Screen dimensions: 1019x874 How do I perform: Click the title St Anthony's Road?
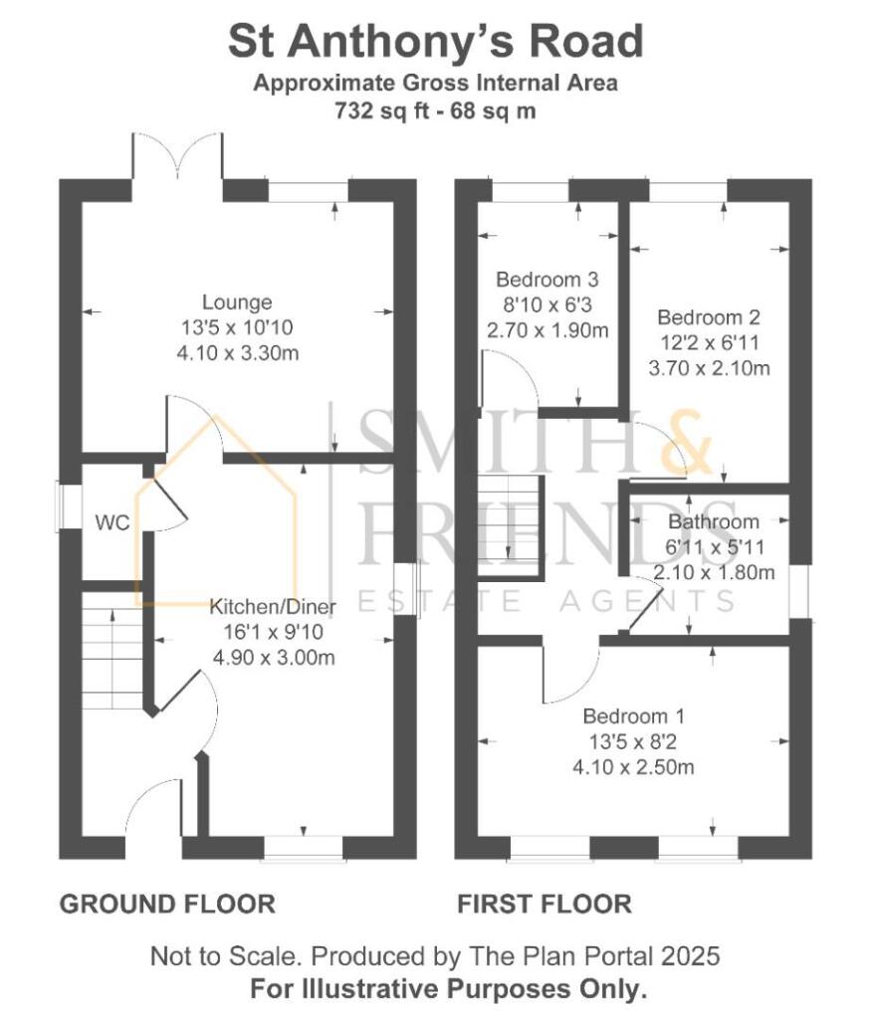coord(436,43)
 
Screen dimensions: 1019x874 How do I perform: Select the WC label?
coord(112,523)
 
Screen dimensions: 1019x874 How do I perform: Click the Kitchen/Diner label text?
coord(272,607)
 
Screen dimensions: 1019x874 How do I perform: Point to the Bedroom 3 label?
coord(546,279)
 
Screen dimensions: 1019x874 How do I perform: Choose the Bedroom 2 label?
coord(708,318)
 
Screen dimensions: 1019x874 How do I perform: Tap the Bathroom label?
coord(714,521)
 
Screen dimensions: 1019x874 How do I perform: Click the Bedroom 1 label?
coord(633,716)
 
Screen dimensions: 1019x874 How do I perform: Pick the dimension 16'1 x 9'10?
coord(272,632)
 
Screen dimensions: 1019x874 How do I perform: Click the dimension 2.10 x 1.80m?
coord(714,573)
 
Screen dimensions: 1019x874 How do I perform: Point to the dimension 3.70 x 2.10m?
coord(709,369)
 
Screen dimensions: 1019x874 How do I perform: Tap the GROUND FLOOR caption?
coord(167,904)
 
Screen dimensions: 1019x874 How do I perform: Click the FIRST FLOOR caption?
coord(544,904)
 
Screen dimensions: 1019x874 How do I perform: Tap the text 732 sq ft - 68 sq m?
coord(436,110)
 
